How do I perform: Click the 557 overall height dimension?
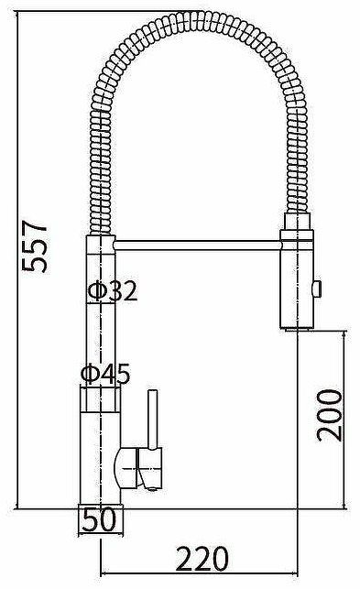point(34,246)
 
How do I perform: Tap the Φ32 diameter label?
point(113,290)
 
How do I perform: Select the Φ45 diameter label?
point(105,374)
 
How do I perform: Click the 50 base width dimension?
point(100,519)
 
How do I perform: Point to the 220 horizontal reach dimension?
point(202,559)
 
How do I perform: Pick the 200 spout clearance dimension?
point(330,415)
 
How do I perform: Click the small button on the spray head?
point(317,289)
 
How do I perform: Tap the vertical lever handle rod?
point(152,420)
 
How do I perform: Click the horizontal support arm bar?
point(198,245)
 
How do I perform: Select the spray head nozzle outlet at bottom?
point(297,329)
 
